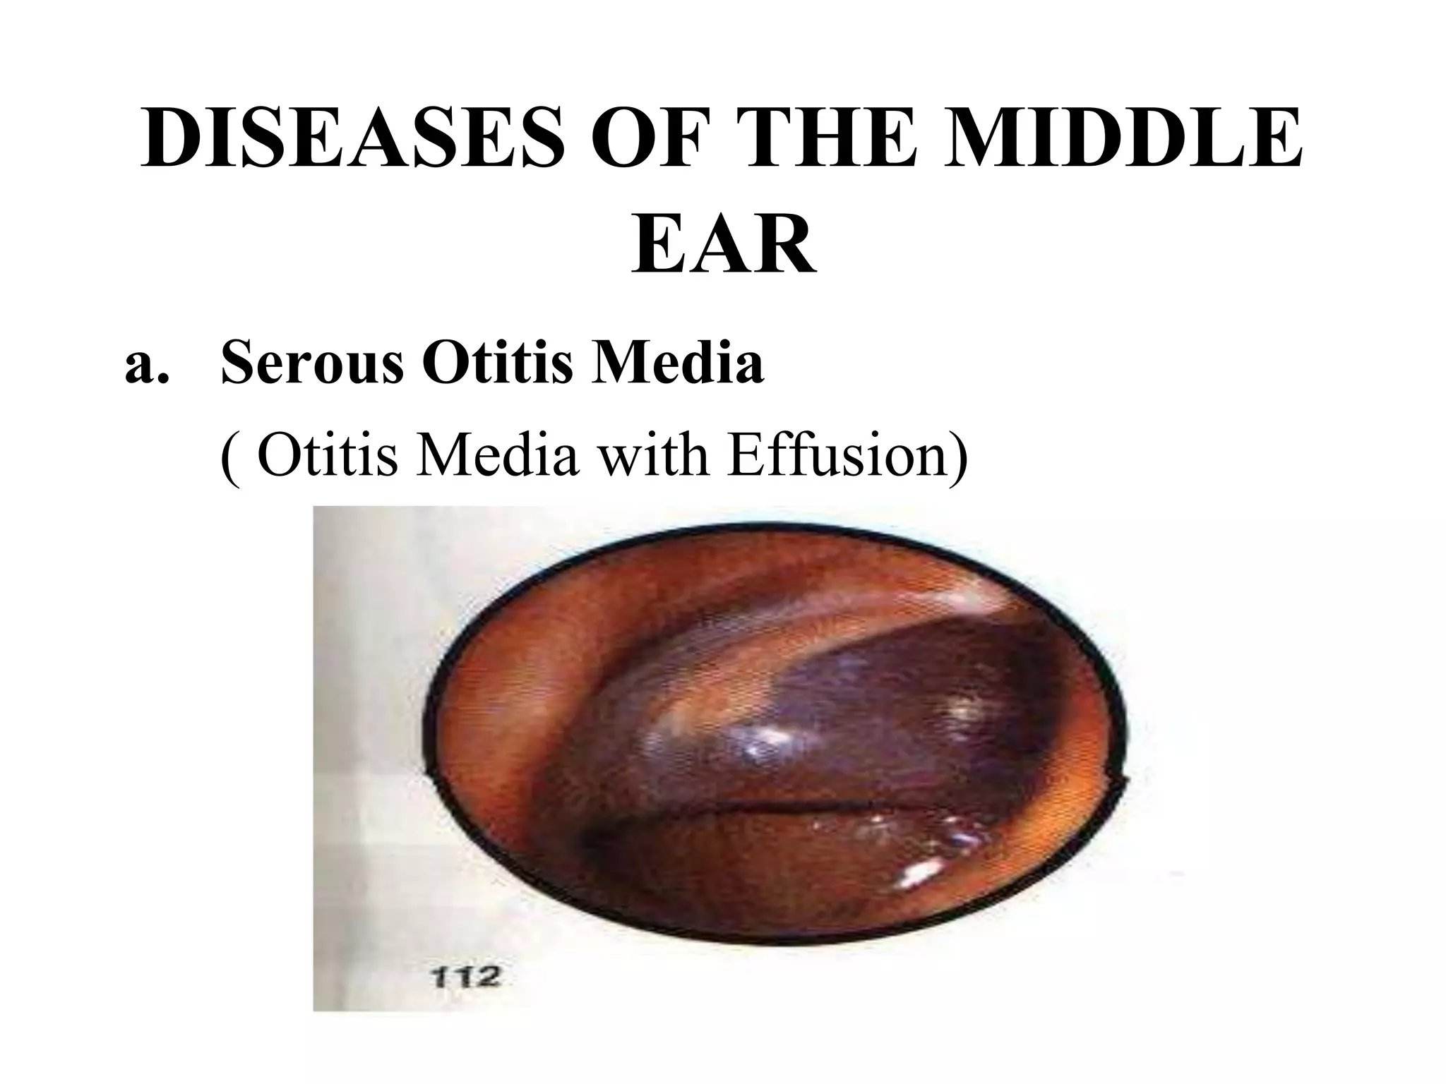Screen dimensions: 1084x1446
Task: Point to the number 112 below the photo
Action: click(x=465, y=978)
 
